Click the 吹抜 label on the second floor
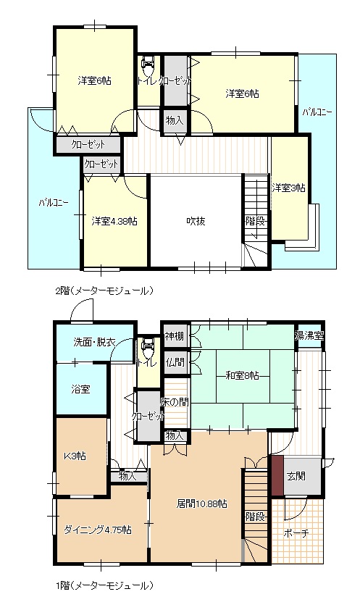click(x=195, y=221)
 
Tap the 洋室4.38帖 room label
click(x=114, y=221)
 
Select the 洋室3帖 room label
click(x=288, y=188)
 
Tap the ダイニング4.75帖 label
click(x=97, y=530)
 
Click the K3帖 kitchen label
click(x=75, y=456)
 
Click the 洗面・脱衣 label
click(x=94, y=342)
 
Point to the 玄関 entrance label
click(x=296, y=476)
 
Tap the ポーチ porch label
click(x=297, y=533)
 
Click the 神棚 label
click(x=174, y=335)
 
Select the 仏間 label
click(x=174, y=362)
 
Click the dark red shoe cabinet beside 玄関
click(x=277, y=475)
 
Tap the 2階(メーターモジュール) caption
click(x=105, y=291)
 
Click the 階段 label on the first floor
click(x=254, y=517)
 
